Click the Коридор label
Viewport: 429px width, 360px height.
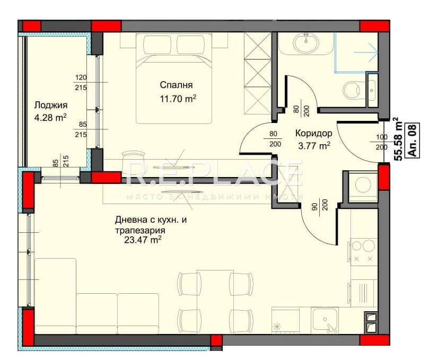pos(313,134)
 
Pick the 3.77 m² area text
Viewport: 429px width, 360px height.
pos(313,145)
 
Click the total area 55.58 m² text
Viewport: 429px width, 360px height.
pos(395,139)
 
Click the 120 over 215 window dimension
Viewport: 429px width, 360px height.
pos(81,82)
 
